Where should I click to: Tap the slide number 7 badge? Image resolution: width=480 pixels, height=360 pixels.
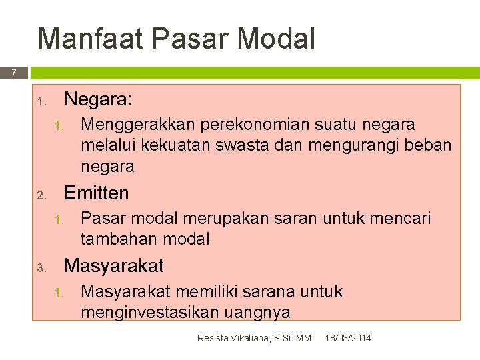(13, 73)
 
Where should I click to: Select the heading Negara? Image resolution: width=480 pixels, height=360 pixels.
(98, 100)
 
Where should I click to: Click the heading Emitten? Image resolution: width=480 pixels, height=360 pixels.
(96, 193)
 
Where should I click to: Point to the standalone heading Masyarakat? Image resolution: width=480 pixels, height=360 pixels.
(113, 266)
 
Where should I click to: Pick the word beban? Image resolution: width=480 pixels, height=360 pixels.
(429, 145)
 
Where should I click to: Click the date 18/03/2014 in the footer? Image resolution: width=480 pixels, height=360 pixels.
(348, 339)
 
